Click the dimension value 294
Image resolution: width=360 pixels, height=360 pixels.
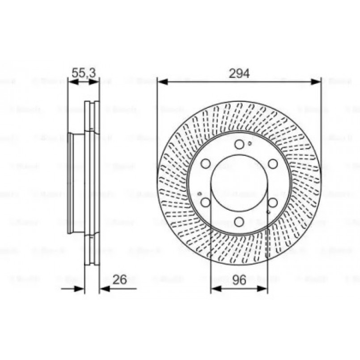[x=239, y=73]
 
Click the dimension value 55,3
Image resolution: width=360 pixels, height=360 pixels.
[x=84, y=72]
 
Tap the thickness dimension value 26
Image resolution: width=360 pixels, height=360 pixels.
[x=119, y=280]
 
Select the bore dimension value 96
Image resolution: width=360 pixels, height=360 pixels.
[x=239, y=280]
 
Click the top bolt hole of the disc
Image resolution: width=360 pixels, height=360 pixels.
[x=239, y=144]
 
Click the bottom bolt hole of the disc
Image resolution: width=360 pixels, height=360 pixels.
[x=239, y=221]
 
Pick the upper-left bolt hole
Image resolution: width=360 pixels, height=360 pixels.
[x=206, y=164]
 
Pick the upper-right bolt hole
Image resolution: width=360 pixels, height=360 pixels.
[x=272, y=164]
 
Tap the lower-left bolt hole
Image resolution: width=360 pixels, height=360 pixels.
[x=206, y=202]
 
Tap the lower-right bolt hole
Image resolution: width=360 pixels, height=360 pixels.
[x=272, y=202]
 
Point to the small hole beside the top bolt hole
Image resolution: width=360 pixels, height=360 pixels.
[x=250, y=144]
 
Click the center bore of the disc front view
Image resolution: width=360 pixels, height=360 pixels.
[x=239, y=183]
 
